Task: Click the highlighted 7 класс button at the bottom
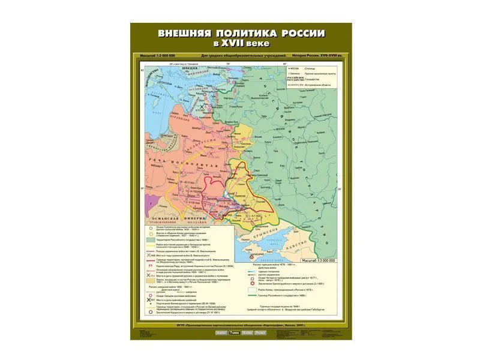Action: (232, 332)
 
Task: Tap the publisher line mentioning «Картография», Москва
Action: (240, 325)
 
